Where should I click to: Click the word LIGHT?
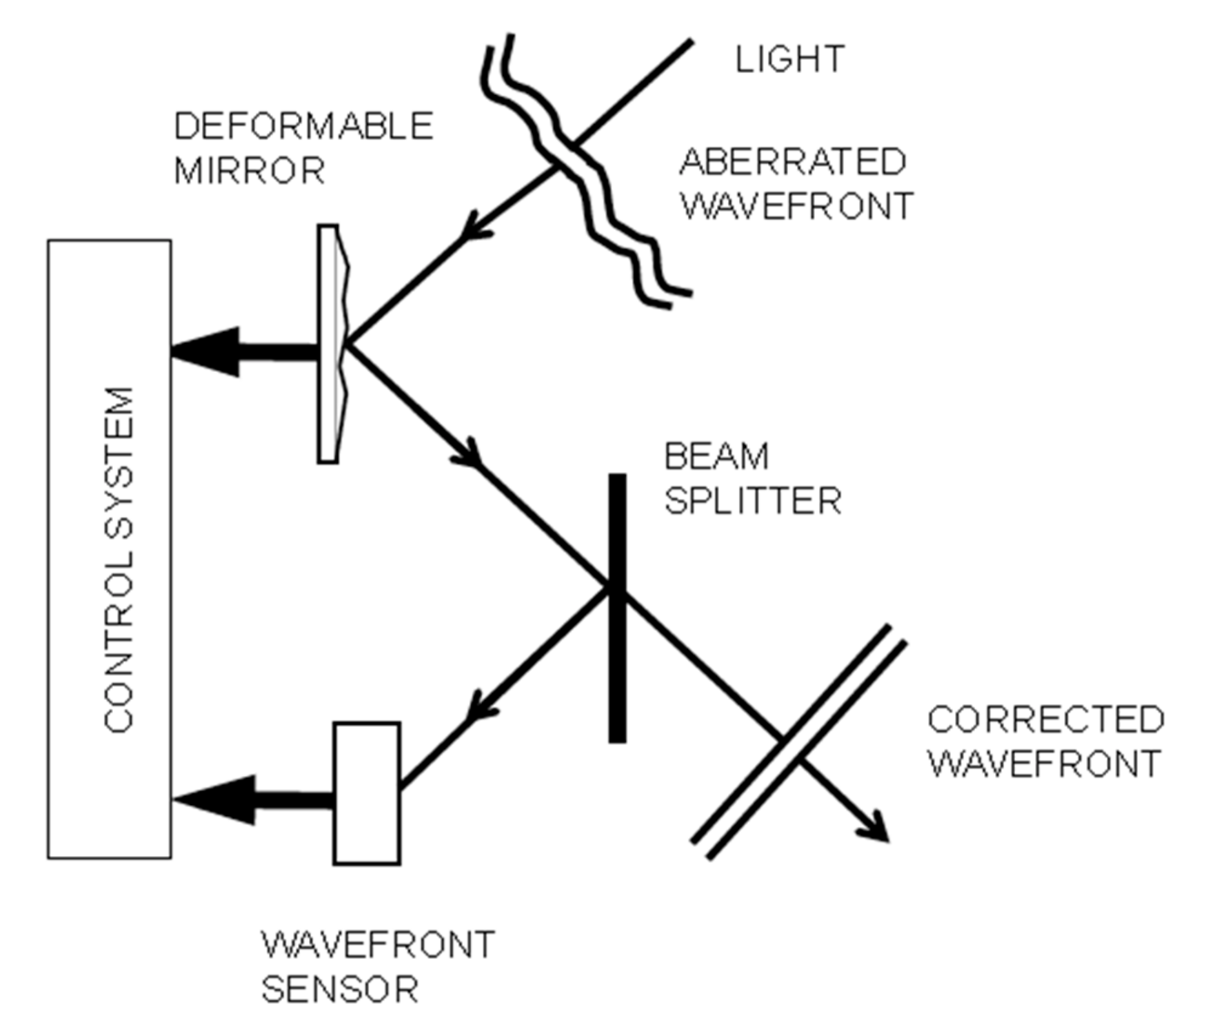click(x=789, y=59)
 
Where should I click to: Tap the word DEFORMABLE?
click(x=303, y=126)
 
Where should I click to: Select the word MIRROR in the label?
click(x=249, y=171)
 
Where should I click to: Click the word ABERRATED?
click(x=792, y=162)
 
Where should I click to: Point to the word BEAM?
click(x=716, y=456)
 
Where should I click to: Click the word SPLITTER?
click(x=753, y=502)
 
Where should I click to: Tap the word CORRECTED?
click(x=1045, y=719)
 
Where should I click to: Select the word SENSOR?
click(x=340, y=990)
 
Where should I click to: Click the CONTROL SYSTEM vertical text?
click(x=119, y=559)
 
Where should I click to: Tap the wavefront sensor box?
click(x=367, y=793)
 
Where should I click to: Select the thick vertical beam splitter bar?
click(x=618, y=607)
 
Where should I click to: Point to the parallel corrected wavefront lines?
click(x=799, y=742)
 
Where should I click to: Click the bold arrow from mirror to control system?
click(x=245, y=352)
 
